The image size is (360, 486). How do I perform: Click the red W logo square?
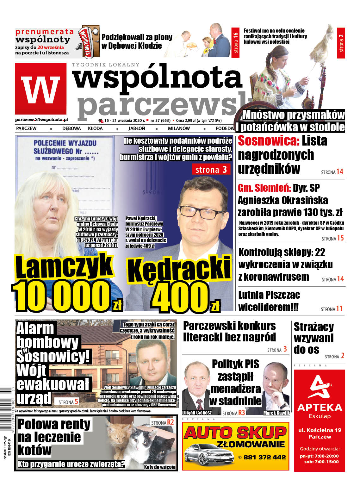click(x=40, y=89)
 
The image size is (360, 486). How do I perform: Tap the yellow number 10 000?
click(x=62, y=296)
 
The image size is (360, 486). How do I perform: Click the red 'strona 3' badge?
click(x=211, y=170)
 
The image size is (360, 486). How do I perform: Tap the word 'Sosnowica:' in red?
click(x=268, y=141)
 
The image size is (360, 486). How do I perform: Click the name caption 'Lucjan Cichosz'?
click(x=197, y=413)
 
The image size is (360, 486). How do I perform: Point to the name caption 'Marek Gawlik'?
click(x=276, y=413)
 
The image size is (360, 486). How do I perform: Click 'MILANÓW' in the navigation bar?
click(x=179, y=128)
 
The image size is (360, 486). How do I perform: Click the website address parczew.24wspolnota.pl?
click(x=41, y=120)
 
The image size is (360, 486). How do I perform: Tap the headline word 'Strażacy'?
click(x=313, y=327)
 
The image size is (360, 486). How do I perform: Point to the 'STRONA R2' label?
click(x=162, y=422)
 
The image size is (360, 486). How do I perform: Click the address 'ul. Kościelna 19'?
click(x=320, y=430)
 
